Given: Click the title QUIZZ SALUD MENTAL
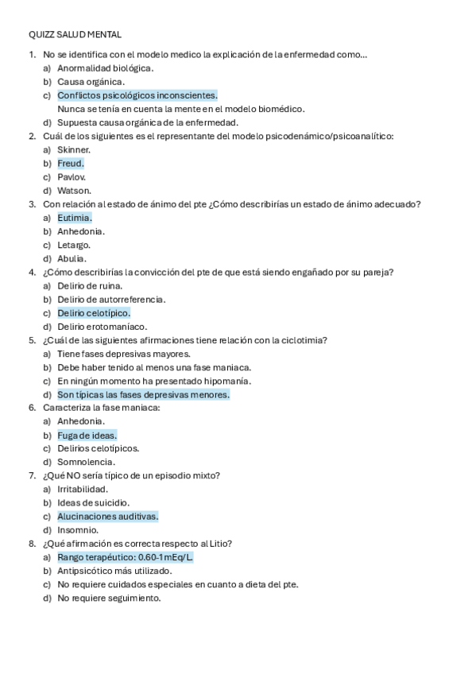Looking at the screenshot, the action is pyautogui.click(x=75, y=34).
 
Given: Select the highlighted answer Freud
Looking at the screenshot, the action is pyautogui.click(x=70, y=163).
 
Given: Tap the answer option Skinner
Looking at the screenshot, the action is pyautogui.click(x=74, y=149).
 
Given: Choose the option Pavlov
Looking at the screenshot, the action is pyautogui.click(x=72, y=176).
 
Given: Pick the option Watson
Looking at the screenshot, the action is pyautogui.click(x=74, y=190).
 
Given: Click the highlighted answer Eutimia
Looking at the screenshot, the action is pyautogui.click(x=75, y=217).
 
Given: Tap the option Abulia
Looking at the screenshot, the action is pyautogui.click(x=72, y=258).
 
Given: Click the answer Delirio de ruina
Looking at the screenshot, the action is pyautogui.click(x=89, y=285).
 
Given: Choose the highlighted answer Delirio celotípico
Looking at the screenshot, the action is pyautogui.click(x=94, y=312).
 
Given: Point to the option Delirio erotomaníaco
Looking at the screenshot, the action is pyautogui.click(x=102, y=326).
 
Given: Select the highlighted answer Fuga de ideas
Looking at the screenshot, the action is pyautogui.click(x=87, y=435).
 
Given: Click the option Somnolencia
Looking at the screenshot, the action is pyautogui.click(x=86, y=462).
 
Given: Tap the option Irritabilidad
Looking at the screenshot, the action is pyautogui.click(x=83, y=489).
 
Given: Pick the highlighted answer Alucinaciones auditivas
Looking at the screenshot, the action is pyautogui.click(x=107, y=516).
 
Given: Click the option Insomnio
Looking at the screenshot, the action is pyautogui.click(x=78, y=529).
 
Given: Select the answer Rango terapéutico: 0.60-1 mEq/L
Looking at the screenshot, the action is pyautogui.click(x=125, y=557).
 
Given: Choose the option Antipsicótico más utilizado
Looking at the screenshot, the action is pyautogui.click(x=114, y=571).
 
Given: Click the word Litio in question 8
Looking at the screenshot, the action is pyautogui.click(x=219, y=544).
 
